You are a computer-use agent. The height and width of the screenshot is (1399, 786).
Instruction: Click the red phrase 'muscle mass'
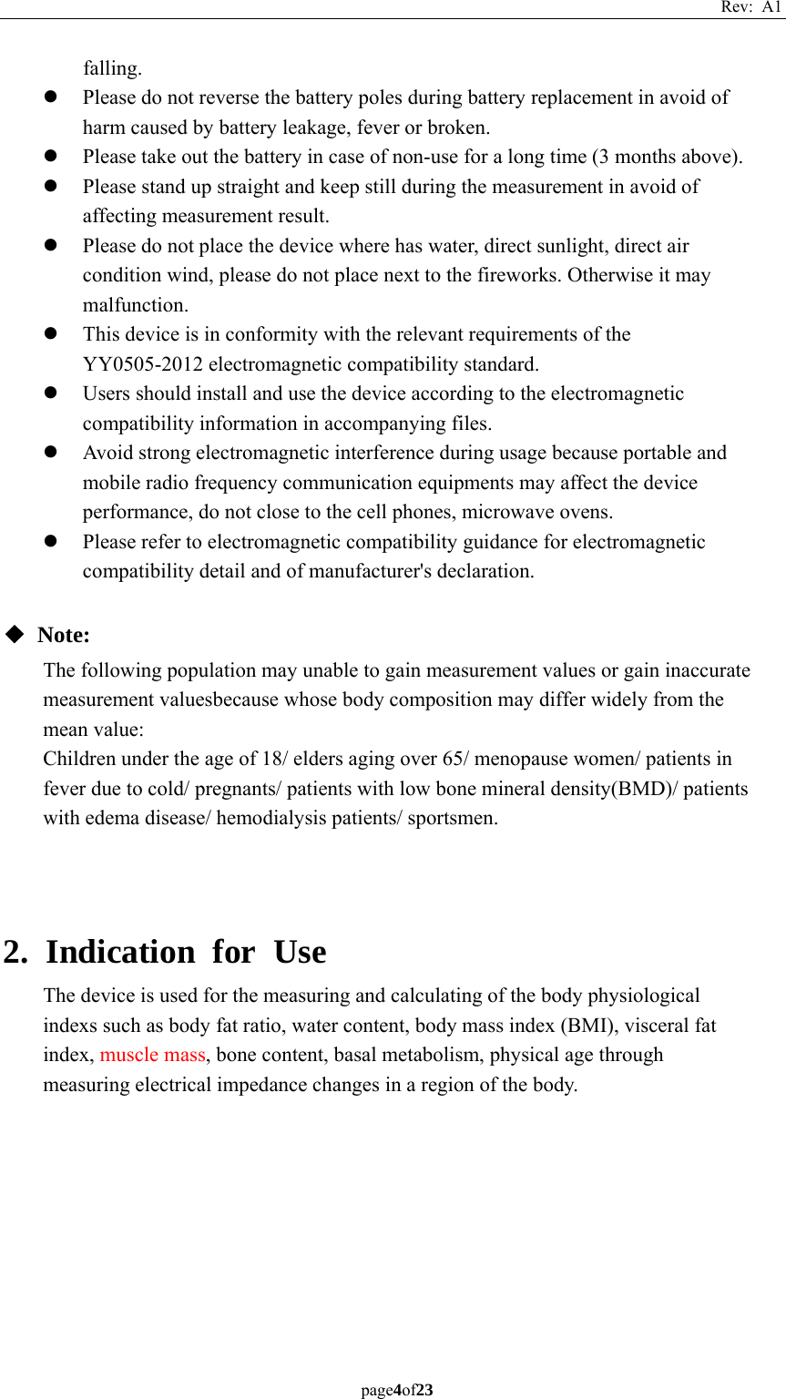click(x=152, y=1055)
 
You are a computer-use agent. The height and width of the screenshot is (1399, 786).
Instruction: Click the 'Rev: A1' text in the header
click(x=750, y=7)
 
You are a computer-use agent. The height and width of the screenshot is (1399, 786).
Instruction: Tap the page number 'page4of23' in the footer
click(x=396, y=1390)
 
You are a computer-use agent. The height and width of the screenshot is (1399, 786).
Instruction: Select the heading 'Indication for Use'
click(x=186, y=952)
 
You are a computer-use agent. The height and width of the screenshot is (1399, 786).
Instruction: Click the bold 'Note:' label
click(x=64, y=635)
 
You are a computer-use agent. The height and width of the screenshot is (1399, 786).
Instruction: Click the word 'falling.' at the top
click(x=112, y=68)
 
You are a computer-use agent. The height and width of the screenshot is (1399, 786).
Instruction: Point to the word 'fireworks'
click(x=518, y=275)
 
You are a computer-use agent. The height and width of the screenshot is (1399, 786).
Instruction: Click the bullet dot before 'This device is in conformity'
click(x=52, y=334)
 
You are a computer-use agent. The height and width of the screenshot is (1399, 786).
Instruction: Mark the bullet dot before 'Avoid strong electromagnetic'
click(x=52, y=453)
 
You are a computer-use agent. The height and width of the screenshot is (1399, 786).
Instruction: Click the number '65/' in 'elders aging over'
click(x=453, y=759)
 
